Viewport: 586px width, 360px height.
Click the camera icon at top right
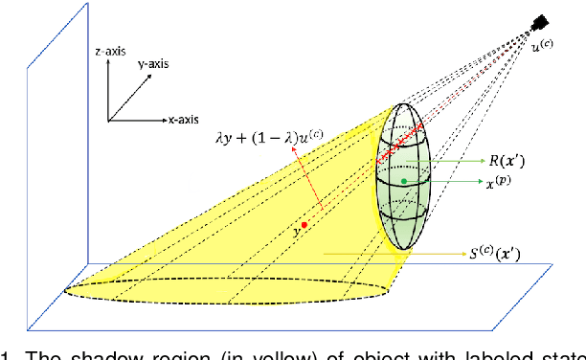click(x=541, y=22)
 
